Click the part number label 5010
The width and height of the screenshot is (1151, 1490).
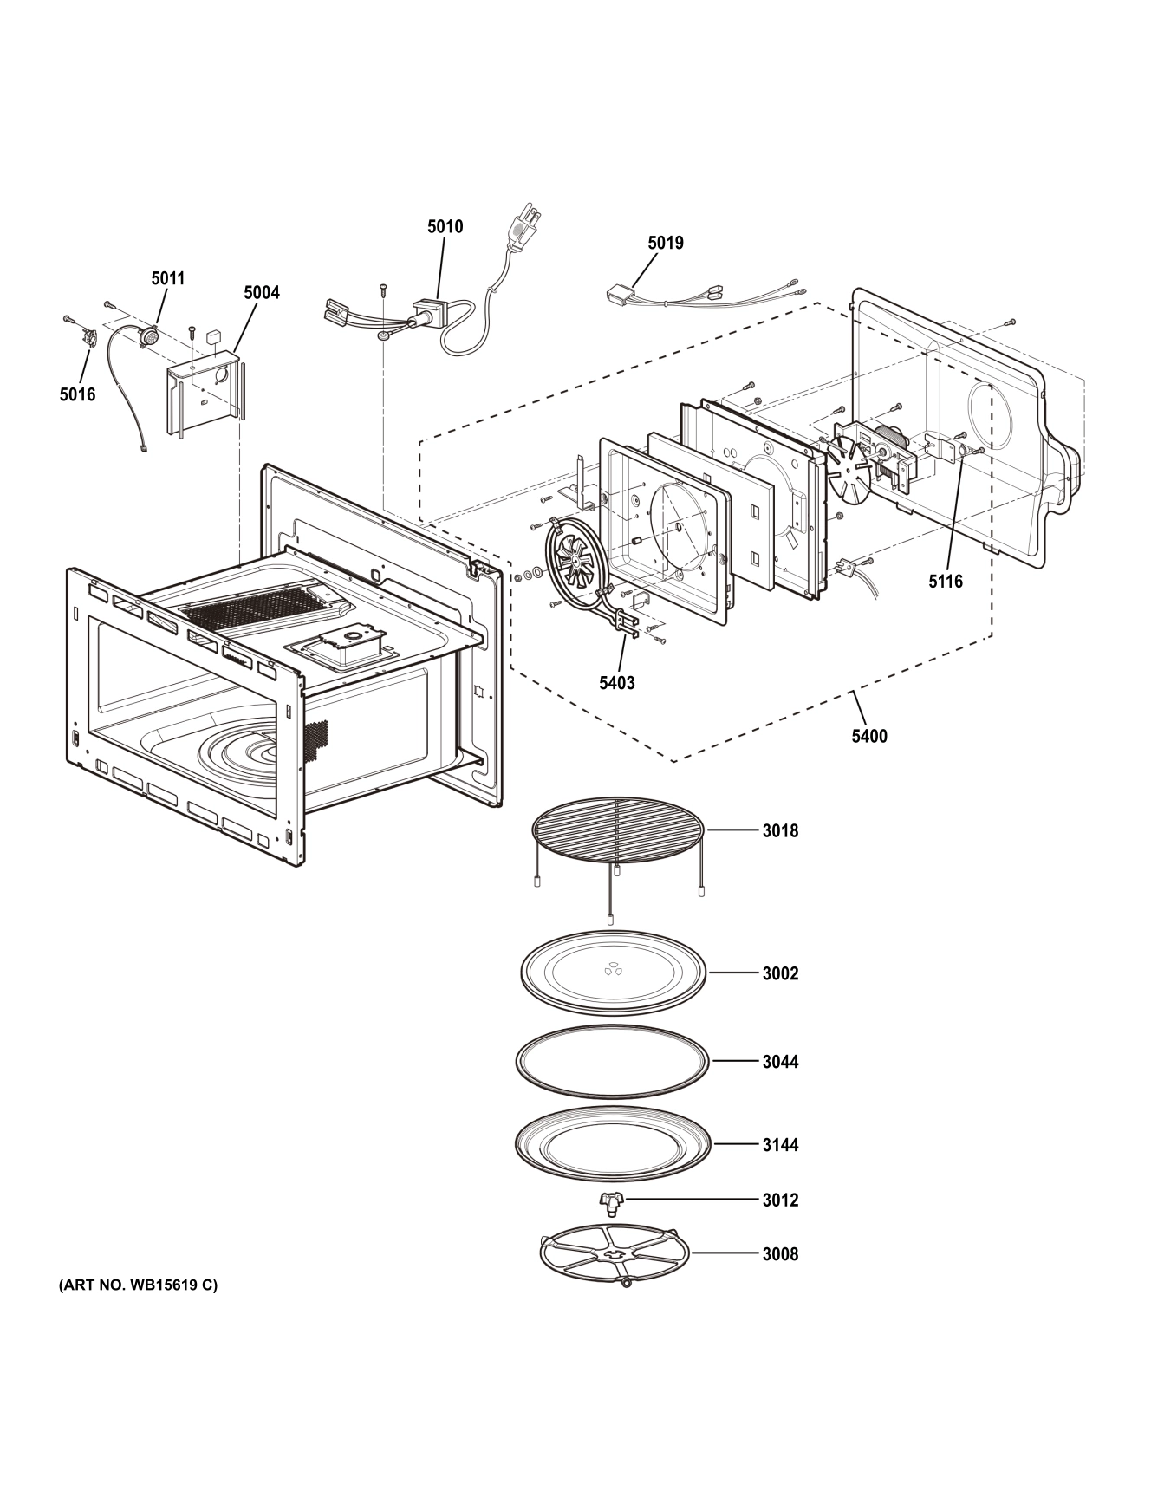[445, 227]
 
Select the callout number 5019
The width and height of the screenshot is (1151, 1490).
[665, 244]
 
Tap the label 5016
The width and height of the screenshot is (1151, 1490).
[77, 394]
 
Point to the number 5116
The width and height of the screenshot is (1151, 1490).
[946, 582]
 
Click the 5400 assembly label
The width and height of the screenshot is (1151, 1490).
[868, 737]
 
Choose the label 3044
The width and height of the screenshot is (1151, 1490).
[780, 1062]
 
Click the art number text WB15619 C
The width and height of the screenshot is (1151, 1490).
[138, 1285]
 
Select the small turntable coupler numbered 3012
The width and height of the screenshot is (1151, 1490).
[610, 1201]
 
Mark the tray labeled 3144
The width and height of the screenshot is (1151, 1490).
[614, 1144]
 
